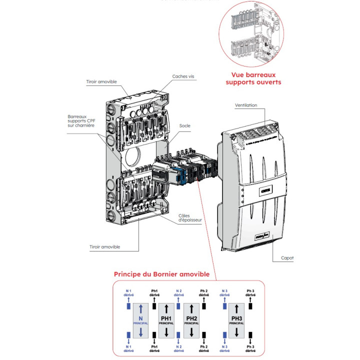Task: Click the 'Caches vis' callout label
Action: coord(183,76)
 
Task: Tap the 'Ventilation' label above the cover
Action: coord(246,105)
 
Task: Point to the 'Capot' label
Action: coord(287,258)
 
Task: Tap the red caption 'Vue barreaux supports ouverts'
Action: coord(253,78)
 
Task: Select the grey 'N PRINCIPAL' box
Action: coord(141,319)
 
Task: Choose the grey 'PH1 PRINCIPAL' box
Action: coord(166,319)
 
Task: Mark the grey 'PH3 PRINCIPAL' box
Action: coord(237,319)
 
